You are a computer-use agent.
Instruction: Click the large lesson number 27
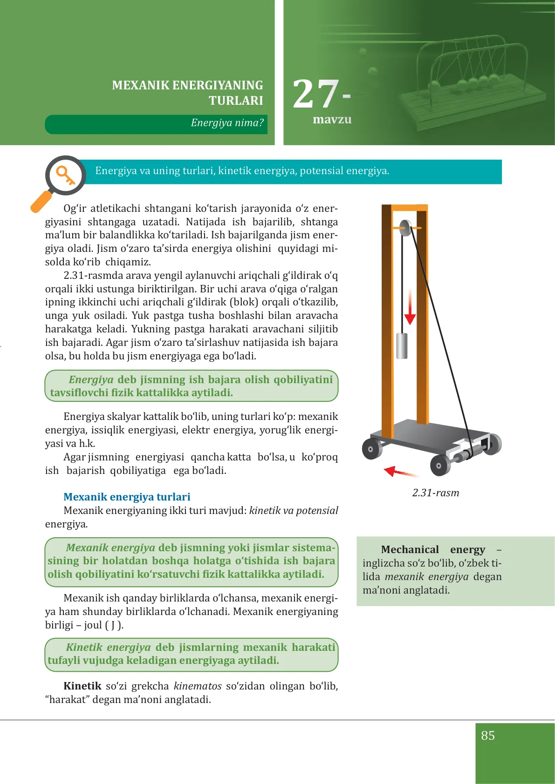click(x=316, y=94)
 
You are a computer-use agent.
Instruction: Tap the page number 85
click(x=488, y=736)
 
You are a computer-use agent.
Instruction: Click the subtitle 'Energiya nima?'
click(x=227, y=122)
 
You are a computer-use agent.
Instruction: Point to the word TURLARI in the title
click(x=236, y=101)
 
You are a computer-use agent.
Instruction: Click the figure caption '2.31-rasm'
click(x=436, y=493)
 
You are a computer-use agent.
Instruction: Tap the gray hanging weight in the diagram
click(x=402, y=346)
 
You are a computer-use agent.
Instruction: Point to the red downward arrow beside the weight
click(x=410, y=307)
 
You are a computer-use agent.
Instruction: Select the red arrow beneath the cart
click(x=401, y=472)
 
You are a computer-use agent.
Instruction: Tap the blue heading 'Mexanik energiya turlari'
click(x=127, y=497)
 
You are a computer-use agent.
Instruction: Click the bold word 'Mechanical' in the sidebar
click(x=410, y=549)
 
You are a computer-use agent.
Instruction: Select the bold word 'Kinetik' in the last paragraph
click(x=82, y=686)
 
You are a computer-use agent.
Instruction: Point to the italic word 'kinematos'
click(x=198, y=686)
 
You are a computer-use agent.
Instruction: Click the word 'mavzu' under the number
click(x=332, y=119)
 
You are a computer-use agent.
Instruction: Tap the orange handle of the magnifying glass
click(x=41, y=202)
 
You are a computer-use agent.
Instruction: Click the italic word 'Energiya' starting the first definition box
click(x=91, y=379)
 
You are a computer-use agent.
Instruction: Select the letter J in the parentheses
click(x=113, y=625)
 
